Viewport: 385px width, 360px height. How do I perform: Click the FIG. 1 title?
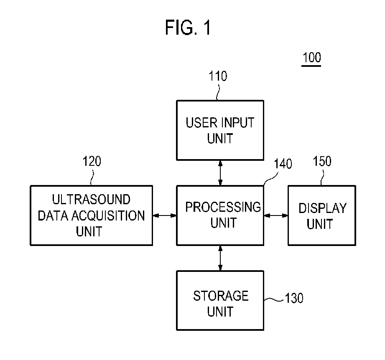[188, 28]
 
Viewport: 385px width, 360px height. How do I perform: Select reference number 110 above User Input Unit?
[218, 76]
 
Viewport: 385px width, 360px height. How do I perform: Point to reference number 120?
[92, 161]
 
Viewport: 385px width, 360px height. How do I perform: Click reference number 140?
[283, 164]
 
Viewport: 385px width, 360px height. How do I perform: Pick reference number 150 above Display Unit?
[322, 161]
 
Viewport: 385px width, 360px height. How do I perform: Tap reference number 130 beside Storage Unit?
[294, 298]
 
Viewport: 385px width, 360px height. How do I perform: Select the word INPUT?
[237, 123]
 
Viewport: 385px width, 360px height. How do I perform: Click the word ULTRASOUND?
[91, 199]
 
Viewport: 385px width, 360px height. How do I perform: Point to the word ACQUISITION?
[108, 215]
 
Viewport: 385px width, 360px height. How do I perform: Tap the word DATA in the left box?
[53, 215]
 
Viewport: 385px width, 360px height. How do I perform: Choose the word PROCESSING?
[223, 207]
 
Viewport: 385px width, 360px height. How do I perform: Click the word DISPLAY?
[322, 208]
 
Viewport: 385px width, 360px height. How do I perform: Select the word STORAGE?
[221, 296]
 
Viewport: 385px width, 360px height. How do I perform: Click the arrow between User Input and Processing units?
[220, 173]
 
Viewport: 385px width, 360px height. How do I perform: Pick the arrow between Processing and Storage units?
[220, 258]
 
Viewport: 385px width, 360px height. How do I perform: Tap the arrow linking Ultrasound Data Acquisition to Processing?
[165, 215]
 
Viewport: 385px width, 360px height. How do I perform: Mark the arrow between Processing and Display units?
[276, 215]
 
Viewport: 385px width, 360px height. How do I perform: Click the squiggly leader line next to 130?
[274, 299]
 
